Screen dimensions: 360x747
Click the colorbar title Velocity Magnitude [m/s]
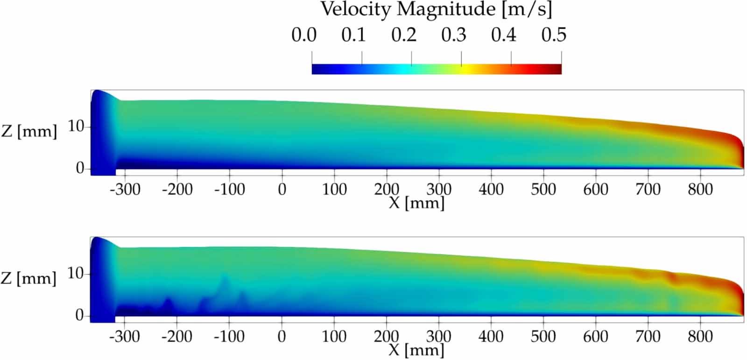pyautogui.click(x=436, y=9)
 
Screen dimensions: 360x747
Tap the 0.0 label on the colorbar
pyautogui.click(x=304, y=35)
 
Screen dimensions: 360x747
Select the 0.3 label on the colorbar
pyautogui.click(x=454, y=35)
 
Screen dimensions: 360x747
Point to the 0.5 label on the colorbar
pyautogui.click(x=554, y=35)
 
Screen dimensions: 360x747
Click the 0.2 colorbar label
pyautogui.click(x=404, y=35)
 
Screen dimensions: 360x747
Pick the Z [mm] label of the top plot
pyautogui.click(x=29, y=131)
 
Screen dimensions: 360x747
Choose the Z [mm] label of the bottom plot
pyautogui.click(x=29, y=278)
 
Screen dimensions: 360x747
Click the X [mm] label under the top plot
pyautogui.click(x=416, y=203)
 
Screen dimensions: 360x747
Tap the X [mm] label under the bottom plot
pyautogui.click(x=416, y=350)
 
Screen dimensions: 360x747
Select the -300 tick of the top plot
pyautogui.click(x=125, y=190)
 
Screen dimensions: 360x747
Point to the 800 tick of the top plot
pyautogui.click(x=700, y=190)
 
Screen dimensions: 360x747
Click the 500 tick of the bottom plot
pyautogui.click(x=543, y=336)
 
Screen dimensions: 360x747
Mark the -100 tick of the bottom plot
pyautogui.click(x=229, y=336)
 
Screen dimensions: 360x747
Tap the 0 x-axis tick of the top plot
pyautogui.click(x=282, y=190)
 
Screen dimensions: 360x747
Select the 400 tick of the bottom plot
pyautogui.click(x=491, y=336)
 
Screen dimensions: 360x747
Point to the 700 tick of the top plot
pyautogui.click(x=648, y=190)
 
